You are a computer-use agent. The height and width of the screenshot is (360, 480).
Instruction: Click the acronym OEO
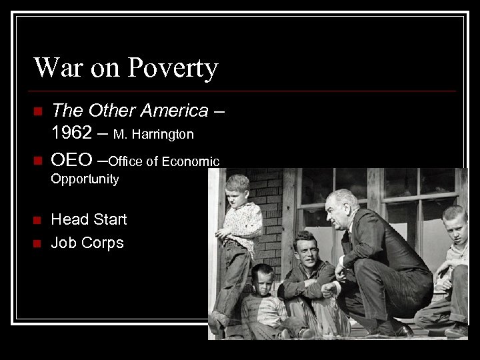click(x=71, y=160)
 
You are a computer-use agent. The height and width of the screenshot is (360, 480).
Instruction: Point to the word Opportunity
click(x=85, y=179)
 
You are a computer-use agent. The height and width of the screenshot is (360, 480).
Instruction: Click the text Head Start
click(x=89, y=219)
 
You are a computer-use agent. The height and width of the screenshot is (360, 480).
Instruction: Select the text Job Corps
click(x=87, y=242)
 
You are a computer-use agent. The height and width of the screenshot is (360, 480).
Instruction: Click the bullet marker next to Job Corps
click(x=37, y=243)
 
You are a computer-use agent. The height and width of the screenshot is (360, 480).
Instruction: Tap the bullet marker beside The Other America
click(x=37, y=111)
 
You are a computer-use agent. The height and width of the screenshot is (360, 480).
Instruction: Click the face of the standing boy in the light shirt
click(x=237, y=189)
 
